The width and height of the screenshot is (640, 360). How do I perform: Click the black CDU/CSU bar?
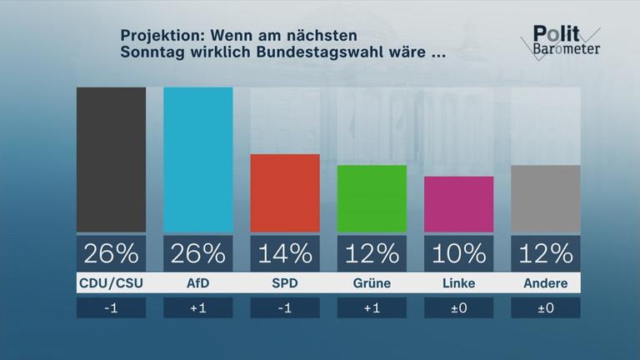point(111,159)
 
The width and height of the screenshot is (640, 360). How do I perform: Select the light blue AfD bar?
point(197,159)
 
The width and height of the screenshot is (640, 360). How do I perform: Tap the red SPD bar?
point(285,192)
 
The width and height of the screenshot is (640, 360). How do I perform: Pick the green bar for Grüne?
point(372,198)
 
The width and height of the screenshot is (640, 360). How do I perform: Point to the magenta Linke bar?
point(458,204)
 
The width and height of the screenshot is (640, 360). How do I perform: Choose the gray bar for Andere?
point(546,198)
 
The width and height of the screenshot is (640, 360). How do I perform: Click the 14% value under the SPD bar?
point(285,252)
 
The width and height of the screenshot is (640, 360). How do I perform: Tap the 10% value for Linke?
point(458,252)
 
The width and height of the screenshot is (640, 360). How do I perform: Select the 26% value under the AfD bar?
point(197,252)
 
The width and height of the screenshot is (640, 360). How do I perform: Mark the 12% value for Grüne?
point(372,252)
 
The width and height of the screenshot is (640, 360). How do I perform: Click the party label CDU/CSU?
point(111,283)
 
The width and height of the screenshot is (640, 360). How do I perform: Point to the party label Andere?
point(546,283)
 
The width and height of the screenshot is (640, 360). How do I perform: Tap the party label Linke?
point(458,283)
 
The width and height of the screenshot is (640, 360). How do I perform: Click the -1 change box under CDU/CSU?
point(111,307)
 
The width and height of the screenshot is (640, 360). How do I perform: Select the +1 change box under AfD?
point(197,307)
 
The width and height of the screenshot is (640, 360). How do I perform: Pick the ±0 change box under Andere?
point(546,307)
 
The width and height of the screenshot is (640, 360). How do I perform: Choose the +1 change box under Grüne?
point(372,307)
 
